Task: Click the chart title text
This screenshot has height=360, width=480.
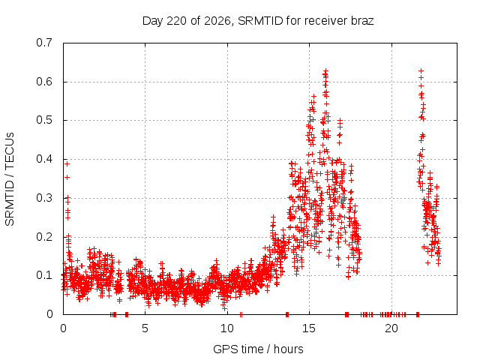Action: [x=258, y=21]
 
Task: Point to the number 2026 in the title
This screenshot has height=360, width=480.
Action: [x=217, y=21]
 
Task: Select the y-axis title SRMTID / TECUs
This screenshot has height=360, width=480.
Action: [x=10, y=179]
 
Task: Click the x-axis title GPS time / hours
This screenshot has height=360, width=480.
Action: [x=258, y=349]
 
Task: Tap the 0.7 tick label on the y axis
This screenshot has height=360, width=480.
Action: [x=44, y=43]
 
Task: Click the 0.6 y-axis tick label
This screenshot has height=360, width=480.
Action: [x=44, y=82]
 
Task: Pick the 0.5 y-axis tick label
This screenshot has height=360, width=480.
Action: [x=44, y=120]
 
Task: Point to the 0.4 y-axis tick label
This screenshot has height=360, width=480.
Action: [x=44, y=159]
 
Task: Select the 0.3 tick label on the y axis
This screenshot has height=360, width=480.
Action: [x=44, y=198]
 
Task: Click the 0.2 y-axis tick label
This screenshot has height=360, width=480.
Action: [x=44, y=237]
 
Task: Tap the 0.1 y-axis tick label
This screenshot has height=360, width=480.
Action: [x=44, y=275]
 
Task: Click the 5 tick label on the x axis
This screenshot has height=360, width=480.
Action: [x=145, y=328]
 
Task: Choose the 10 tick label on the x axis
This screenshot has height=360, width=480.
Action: [x=227, y=328]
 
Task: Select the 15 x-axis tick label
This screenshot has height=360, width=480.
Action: [x=309, y=328]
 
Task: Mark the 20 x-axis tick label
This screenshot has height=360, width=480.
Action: [x=391, y=328]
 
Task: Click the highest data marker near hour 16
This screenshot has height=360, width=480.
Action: [x=325, y=70]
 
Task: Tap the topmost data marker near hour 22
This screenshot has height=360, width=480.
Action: [x=421, y=70]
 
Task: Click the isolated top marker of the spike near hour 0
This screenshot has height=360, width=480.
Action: [x=67, y=163]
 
